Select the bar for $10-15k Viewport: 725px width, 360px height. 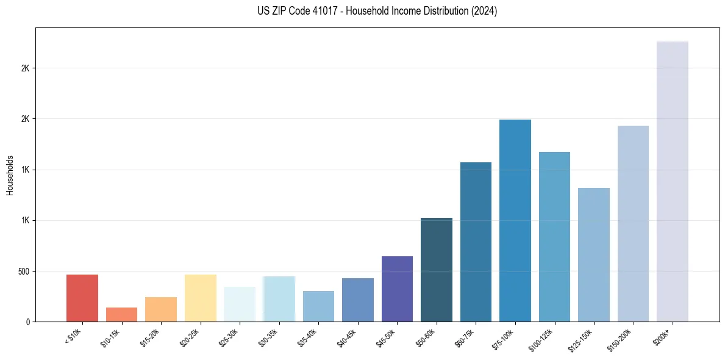click(121, 314)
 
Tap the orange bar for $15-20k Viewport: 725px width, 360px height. click(161, 309)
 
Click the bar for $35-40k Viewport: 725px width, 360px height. click(318, 306)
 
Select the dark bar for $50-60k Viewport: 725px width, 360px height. click(437, 270)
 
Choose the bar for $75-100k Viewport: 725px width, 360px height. click(515, 220)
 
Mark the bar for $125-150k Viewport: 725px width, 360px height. click(594, 254)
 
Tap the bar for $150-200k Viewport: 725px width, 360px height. click(633, 223)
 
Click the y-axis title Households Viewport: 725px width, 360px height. click(10, 175)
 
